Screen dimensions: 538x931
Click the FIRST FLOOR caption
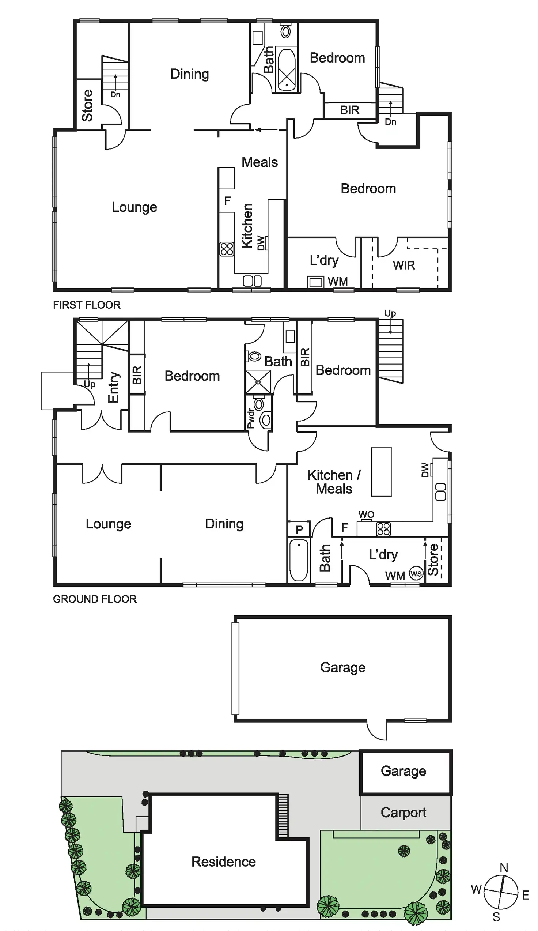87,305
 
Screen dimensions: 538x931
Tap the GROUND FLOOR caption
95,599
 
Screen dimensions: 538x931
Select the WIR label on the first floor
404,265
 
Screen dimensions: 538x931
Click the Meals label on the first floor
259,162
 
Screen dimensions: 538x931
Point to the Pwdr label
251,418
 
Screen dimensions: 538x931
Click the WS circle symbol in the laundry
416,574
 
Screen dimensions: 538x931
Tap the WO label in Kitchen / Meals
366,514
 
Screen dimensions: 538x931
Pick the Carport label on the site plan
403,813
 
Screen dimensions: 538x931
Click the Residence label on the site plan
223,862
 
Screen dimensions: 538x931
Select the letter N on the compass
504,867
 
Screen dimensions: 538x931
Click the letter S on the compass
496,917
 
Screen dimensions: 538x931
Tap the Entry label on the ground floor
114,387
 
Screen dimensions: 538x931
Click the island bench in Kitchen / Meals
381,472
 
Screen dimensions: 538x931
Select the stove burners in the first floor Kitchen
227,249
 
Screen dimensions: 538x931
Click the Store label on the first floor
87,105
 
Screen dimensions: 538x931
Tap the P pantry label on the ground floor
299,529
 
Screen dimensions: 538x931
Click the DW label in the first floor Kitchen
261,243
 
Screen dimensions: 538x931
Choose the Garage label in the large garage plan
343,667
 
